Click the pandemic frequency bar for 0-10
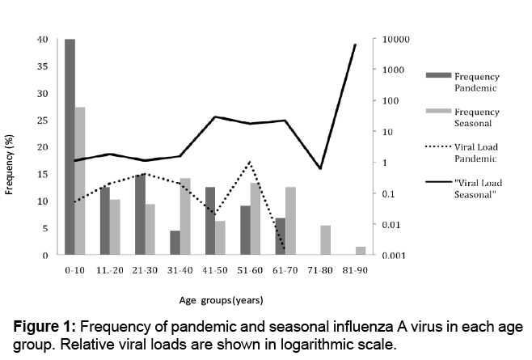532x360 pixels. pyautogui.click(x=70, y=146)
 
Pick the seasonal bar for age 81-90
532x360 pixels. pyautogui.click(x=361, y=251)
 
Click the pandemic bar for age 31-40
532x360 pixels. pyautogui.click(x=175, y=243)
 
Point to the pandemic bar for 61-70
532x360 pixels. pyautogui.click(x=281, y=236)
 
